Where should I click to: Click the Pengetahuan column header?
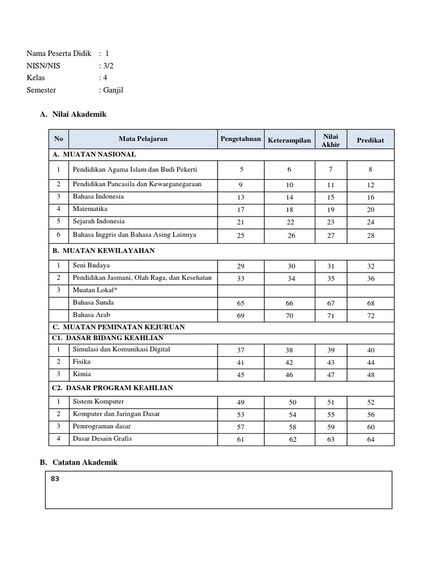pos(241,139)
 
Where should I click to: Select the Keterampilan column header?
pos(289,140)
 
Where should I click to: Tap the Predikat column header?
pos(370,140)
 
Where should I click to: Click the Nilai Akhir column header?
pos(331,140)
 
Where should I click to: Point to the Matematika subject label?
pos(89,209)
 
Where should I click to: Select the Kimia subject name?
pos(81,374)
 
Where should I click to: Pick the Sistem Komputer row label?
pos(98,401)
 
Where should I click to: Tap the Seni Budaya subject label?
pos(91,265)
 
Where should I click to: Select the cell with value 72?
pos(371,316)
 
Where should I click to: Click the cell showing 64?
pos(371,439)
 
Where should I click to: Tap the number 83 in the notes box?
pos(55,479)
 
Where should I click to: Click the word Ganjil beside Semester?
pos(112,89)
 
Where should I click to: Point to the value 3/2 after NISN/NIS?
pos(107,66)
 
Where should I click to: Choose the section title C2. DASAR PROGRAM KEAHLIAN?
pos(112,388)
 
